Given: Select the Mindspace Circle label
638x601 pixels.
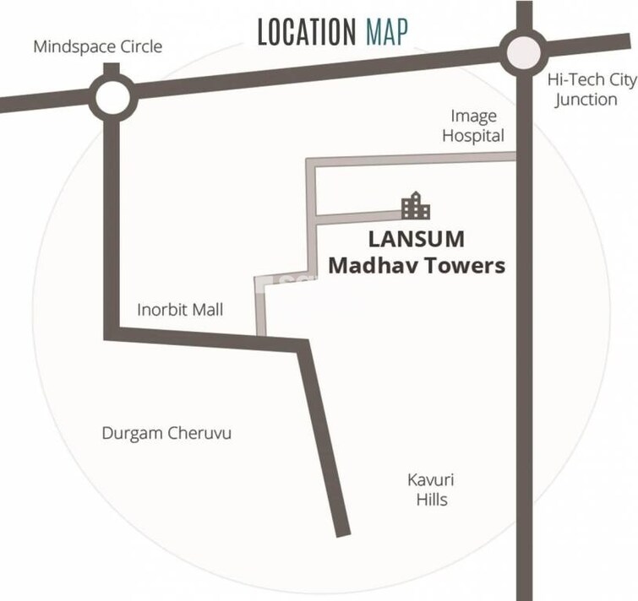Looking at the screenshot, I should [97, 46].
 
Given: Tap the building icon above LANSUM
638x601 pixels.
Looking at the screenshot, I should [415, 206].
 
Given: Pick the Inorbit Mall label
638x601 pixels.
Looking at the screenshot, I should [180, 310].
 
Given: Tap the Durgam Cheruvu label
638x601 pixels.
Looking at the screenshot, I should [166, 434].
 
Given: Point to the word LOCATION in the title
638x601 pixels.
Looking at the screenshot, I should [306, 33].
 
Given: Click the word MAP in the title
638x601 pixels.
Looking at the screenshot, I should [386, 33].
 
